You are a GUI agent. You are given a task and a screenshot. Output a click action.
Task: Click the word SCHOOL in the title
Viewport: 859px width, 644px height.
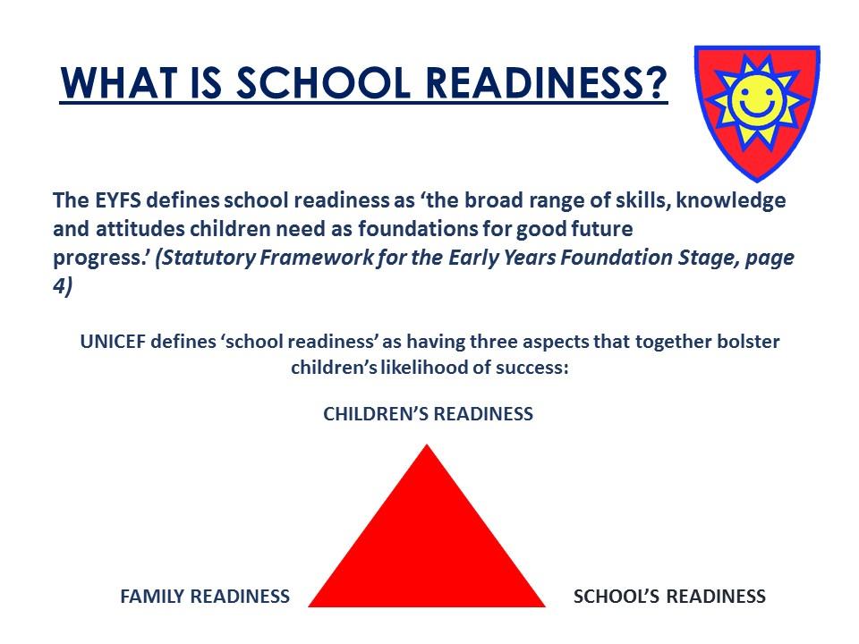click(324, 83)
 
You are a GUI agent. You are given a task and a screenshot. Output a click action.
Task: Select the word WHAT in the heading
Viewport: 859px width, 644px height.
click(119, 83)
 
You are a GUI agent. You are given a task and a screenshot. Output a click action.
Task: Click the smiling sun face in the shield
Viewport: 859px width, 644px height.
click(757, 102)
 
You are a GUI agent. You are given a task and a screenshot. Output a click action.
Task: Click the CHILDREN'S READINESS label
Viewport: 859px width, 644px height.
click(428, 414)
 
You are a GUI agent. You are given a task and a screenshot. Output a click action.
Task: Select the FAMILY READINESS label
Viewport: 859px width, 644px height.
click(205, 597)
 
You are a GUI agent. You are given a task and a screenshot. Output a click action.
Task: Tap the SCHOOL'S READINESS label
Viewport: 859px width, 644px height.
click(669, 597)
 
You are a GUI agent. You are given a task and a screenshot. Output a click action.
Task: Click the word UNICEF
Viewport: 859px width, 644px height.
click(113, 342)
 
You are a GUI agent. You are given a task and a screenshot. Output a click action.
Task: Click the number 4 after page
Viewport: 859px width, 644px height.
click(59, 286)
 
